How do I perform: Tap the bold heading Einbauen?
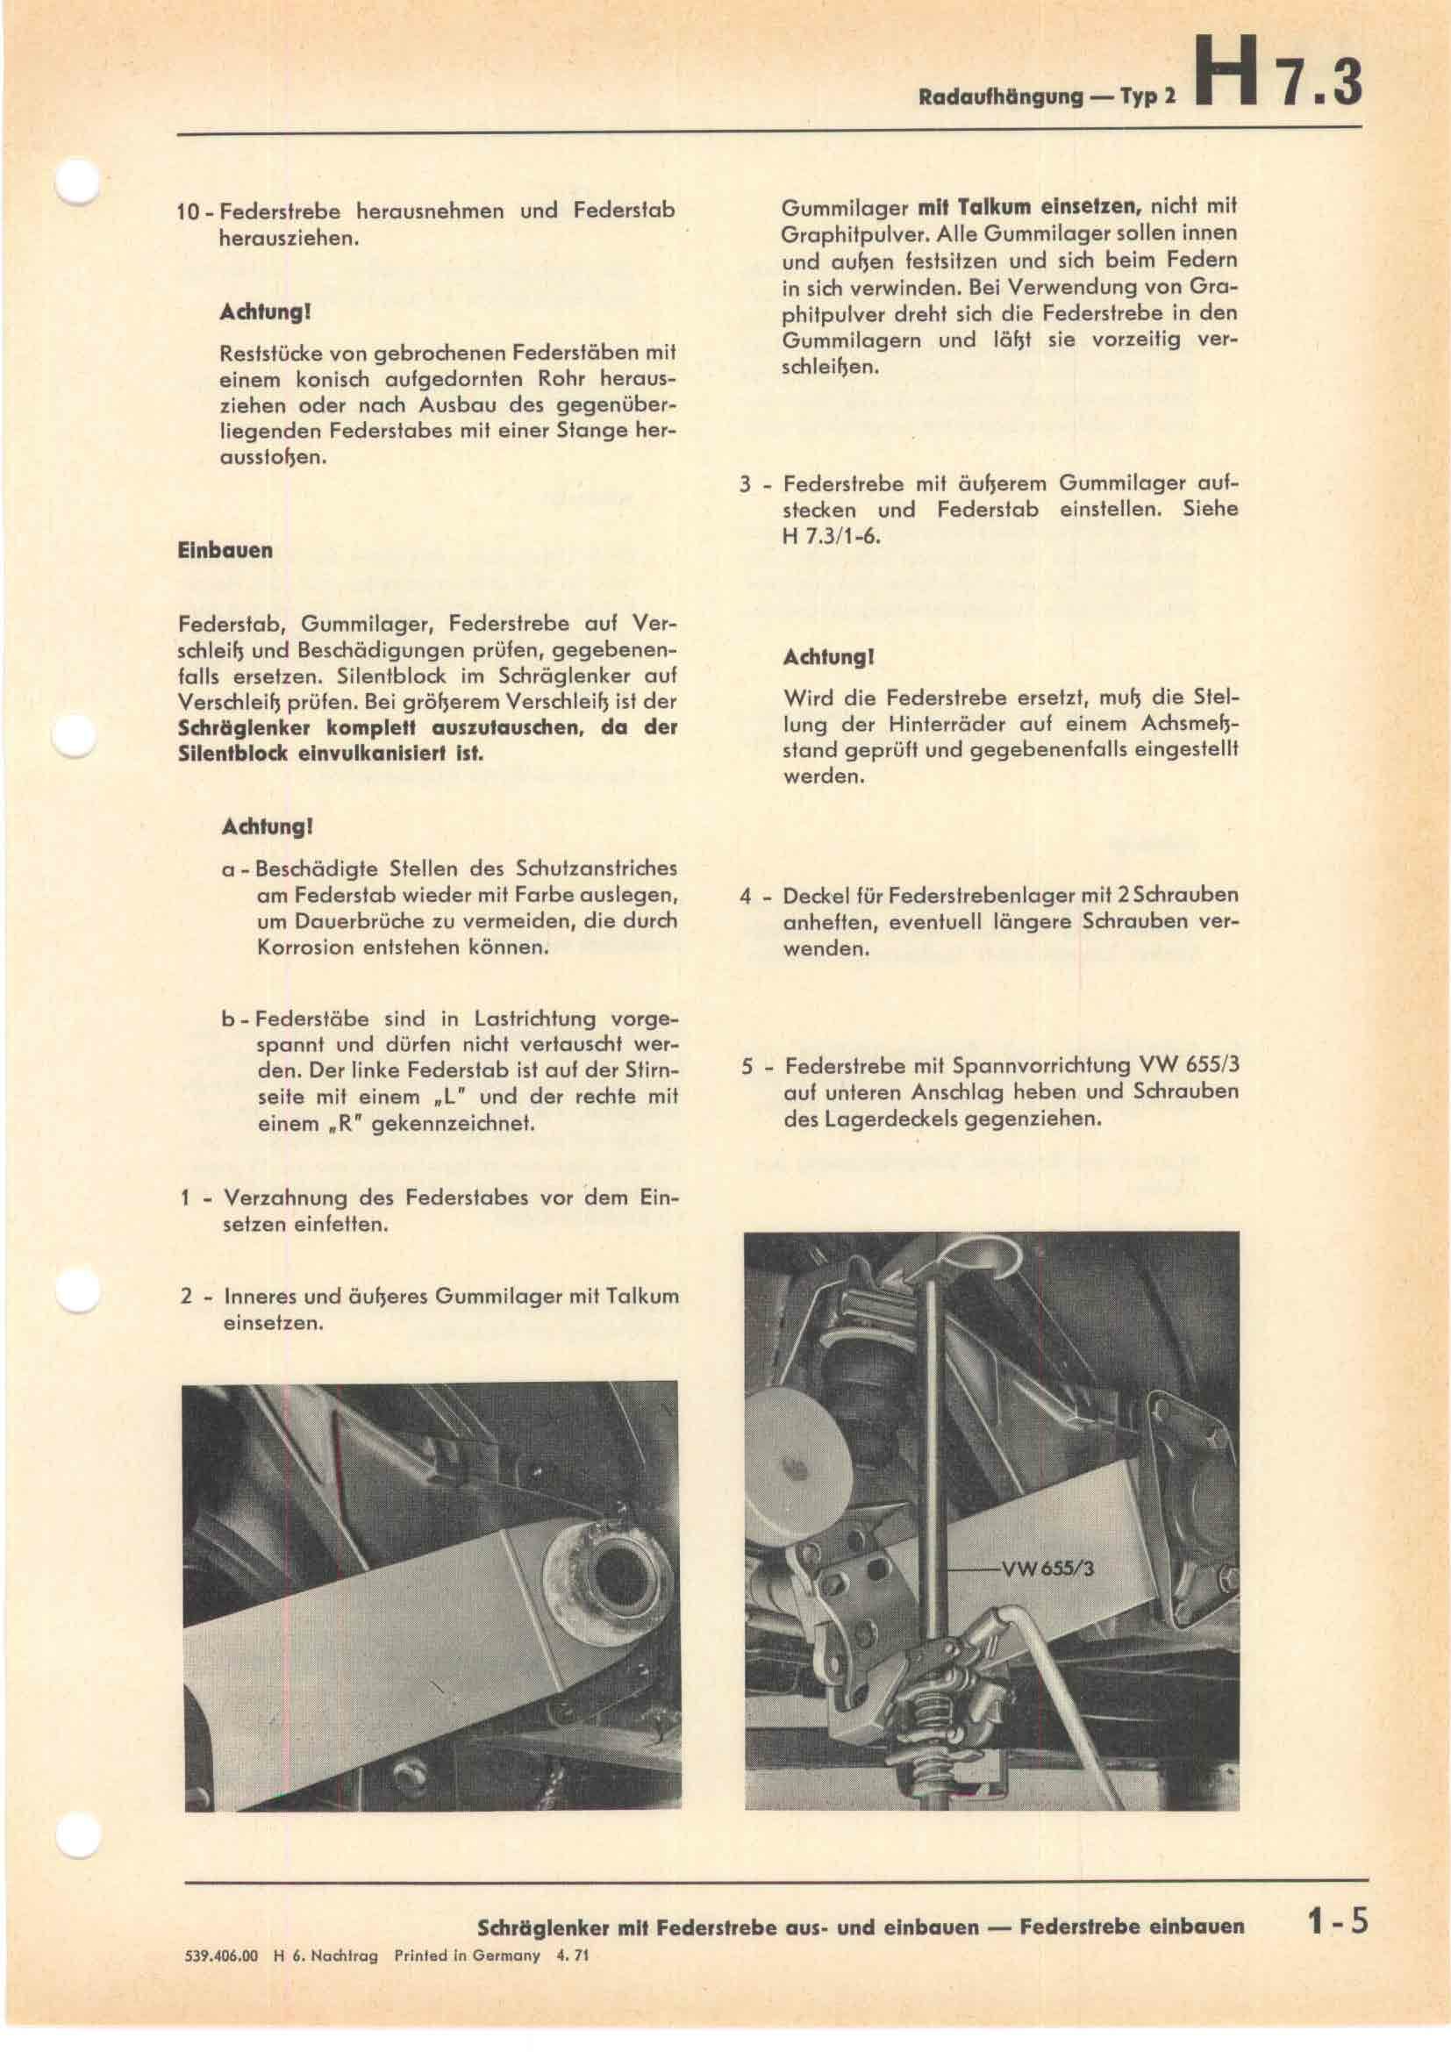[x=225, y=550]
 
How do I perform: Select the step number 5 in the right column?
[x=747, y=1067]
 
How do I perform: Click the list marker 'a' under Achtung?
[x=229, y=869]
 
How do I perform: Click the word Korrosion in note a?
[x=302, y=947]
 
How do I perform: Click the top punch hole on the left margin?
[x=78, y=184]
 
